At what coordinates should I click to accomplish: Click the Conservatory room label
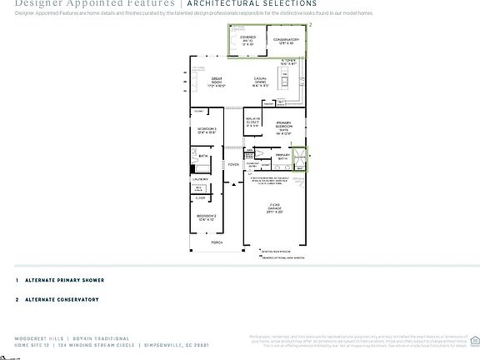285,40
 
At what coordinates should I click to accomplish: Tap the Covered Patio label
247,40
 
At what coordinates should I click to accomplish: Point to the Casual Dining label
265,82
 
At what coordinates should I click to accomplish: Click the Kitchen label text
288,62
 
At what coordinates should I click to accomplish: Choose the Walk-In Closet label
252,124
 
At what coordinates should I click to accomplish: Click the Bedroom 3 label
207,131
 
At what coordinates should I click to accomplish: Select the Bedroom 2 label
207,218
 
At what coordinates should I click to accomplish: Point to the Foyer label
232,165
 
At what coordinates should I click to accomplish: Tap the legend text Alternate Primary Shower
64,281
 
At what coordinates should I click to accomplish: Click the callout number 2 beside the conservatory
310,26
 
